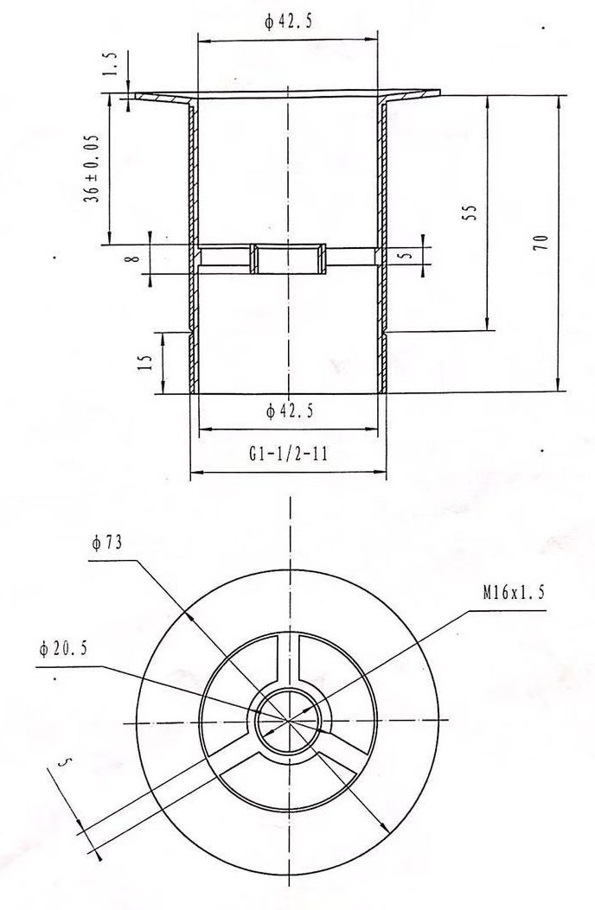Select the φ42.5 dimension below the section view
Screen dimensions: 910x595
(289, 413)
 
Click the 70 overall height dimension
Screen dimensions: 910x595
(541, 243)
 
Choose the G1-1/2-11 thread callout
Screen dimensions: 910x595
(288, 454)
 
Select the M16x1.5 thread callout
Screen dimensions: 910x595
(514, 593)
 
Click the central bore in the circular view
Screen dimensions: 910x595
(289, 720)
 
